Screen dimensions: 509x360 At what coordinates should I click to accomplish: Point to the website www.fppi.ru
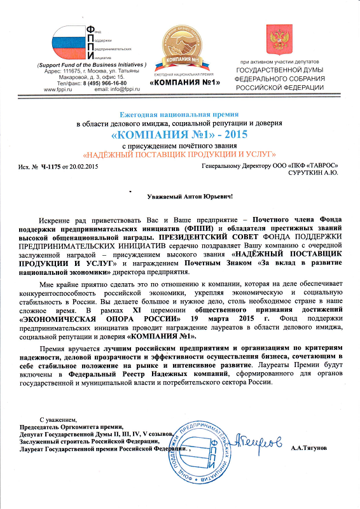point(59,90)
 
